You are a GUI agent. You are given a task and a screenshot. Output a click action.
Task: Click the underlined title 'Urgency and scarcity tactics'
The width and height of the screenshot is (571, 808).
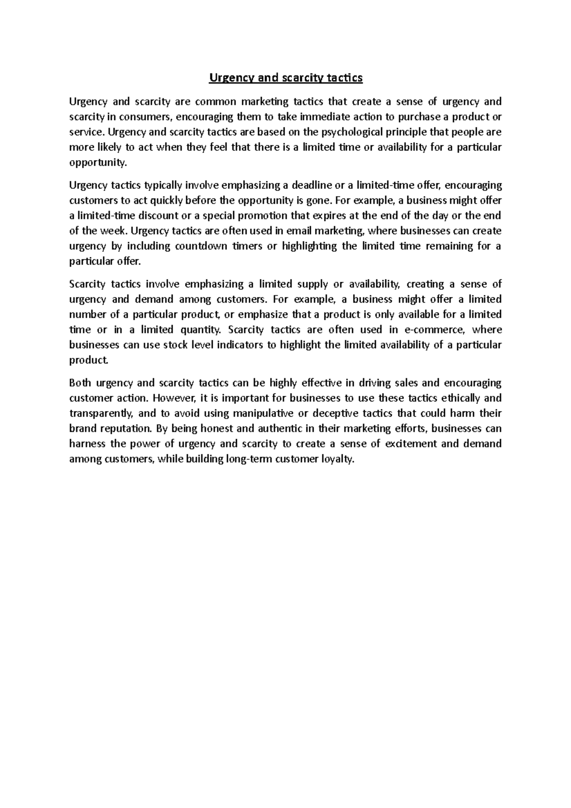[x=285, y=78]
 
